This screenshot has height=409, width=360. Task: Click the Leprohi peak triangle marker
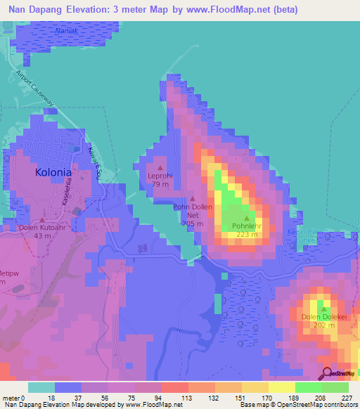pos(160,167)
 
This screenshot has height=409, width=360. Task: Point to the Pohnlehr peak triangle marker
pos(246,219)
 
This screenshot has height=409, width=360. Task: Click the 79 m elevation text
pos(160,185)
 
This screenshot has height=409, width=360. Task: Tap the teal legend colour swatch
pos(41,387)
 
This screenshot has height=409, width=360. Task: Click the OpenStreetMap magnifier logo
pos(326,373)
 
